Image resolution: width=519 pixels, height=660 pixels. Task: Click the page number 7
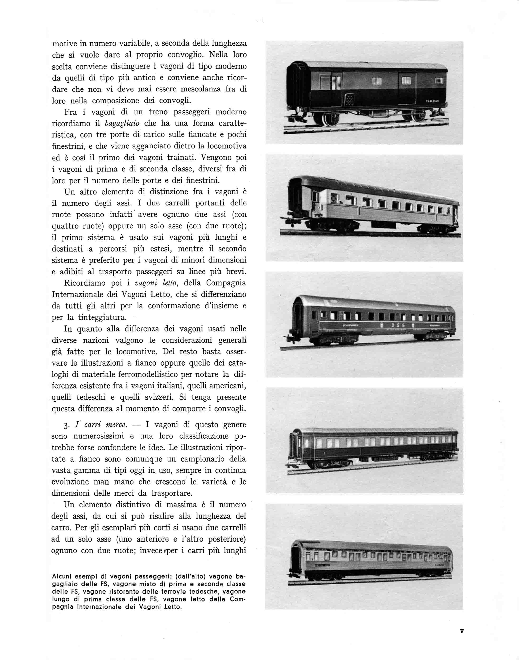click(x=462, y=631)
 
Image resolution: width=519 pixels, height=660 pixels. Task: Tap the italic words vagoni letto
click(x=155, y=283)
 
